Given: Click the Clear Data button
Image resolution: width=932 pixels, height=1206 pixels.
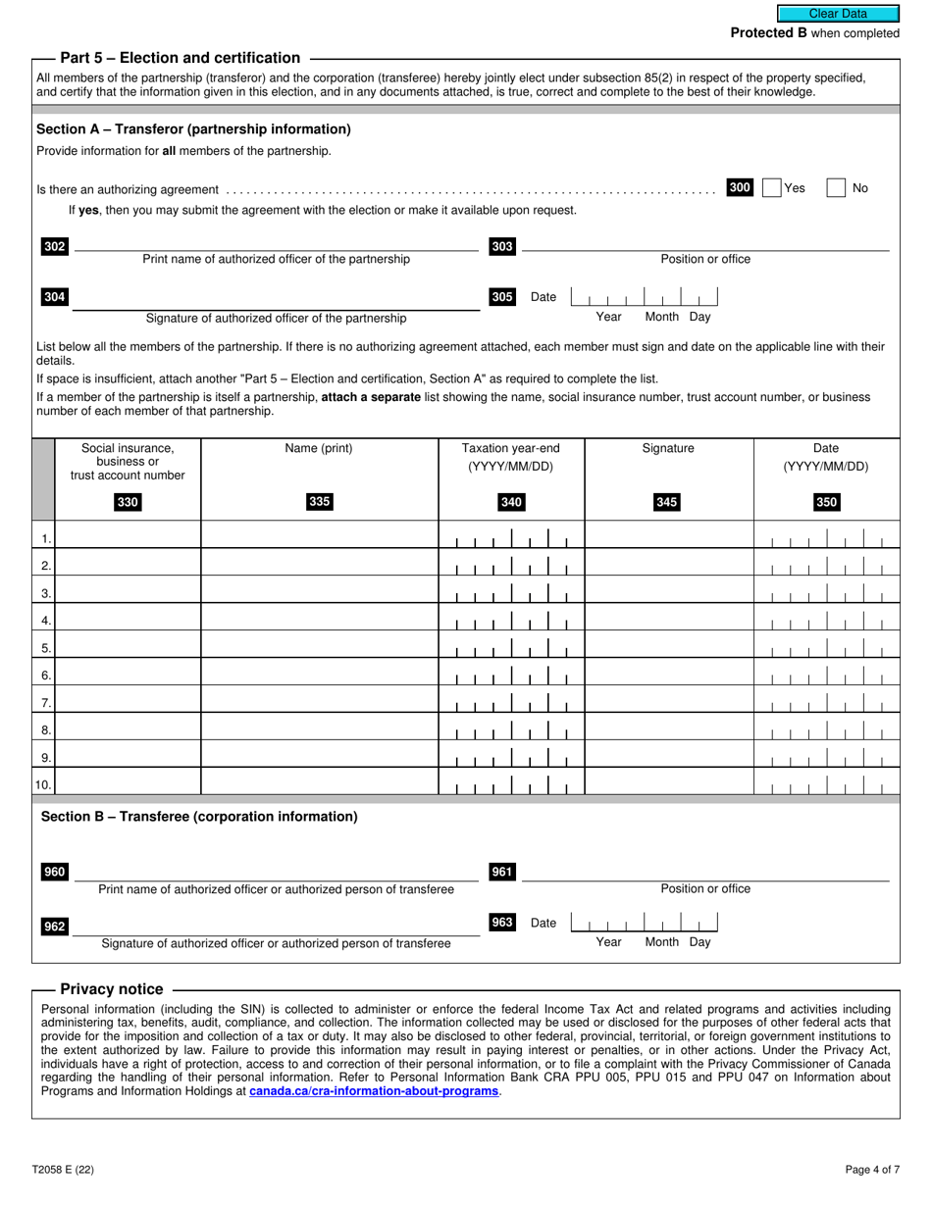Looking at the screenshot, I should coord(837,14).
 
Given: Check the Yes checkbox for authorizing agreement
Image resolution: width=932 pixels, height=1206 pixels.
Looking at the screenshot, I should coord(772,188).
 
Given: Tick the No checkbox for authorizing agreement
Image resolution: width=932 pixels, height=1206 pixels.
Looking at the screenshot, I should coord(836,188).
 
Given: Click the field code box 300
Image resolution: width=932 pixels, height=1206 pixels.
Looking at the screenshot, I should coord(740,187).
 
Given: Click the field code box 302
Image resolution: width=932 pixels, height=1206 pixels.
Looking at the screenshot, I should coord(55,247).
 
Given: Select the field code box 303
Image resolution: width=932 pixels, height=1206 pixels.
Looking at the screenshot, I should coord(502,247).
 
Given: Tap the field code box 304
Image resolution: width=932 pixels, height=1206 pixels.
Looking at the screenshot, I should coord(55,297).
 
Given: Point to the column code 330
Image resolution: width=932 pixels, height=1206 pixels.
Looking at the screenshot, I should coord(128,503).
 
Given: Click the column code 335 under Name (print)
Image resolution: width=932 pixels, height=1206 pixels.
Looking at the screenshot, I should coord(319,502).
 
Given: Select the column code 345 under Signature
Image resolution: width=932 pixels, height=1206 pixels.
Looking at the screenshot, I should coord(666,503).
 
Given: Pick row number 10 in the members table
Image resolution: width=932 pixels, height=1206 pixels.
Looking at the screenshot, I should coord(43,784).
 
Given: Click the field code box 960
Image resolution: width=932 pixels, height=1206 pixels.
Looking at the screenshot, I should coord(55,873).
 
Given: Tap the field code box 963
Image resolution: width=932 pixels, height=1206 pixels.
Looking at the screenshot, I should coord(502,922).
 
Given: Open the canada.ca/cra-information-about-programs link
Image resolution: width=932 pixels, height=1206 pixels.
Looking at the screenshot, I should coord(374,1090).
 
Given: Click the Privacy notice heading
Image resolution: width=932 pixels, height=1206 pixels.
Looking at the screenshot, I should coord(112,989).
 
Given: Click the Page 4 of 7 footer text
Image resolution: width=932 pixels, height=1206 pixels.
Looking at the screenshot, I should coord(872,1169).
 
